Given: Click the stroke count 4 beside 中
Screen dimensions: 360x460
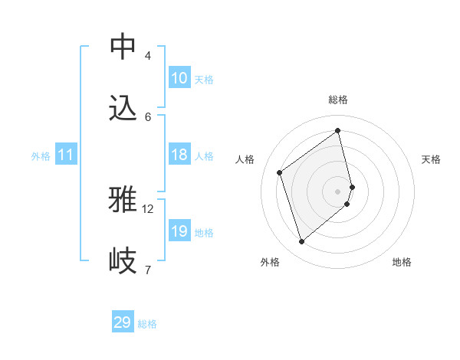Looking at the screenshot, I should tap(148, 56).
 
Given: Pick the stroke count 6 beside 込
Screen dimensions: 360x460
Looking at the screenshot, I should tap(148, 117).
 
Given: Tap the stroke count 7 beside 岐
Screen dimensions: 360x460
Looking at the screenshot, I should tap(148, 270).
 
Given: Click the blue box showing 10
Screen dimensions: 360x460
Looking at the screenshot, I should tap(179, 78).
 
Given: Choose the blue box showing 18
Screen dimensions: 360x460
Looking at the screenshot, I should tap(179, 155).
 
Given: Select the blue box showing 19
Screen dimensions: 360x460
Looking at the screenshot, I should tap(179, 231).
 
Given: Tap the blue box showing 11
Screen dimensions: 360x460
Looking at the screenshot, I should tap(66, 155).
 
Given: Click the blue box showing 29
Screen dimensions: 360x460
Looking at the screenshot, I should tap(123, 322).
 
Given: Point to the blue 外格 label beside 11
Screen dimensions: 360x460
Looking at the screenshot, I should tap(41, 156).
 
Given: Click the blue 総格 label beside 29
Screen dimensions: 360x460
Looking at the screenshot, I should tap(147, 324).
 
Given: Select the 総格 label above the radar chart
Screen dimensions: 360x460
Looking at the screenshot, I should tap(338, 100).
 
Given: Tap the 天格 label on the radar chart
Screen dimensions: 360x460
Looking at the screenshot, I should tap(431, 159).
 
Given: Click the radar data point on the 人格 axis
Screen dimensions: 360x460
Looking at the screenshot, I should tap(280, 172).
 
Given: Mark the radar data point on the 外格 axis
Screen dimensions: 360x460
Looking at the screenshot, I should tap(301, 242).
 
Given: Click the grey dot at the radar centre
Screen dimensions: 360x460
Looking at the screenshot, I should tap(338, 190).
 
